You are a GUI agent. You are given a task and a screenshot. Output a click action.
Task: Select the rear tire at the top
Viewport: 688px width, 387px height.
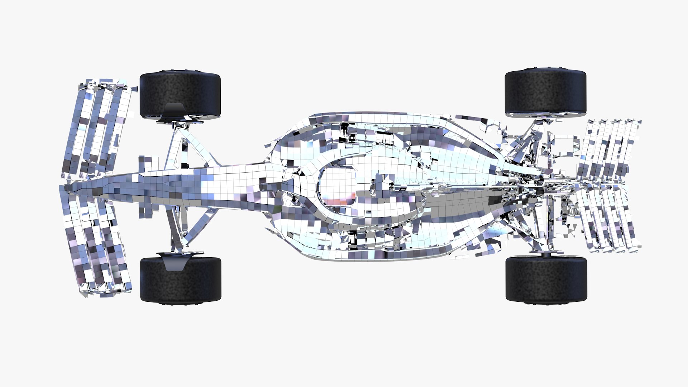click(x=545, y=92)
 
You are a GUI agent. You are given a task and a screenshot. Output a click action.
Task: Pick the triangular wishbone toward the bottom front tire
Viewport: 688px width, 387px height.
click(x=190, y=226)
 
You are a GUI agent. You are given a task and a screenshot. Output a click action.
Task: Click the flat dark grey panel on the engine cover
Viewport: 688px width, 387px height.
click(x=466, y=204)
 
